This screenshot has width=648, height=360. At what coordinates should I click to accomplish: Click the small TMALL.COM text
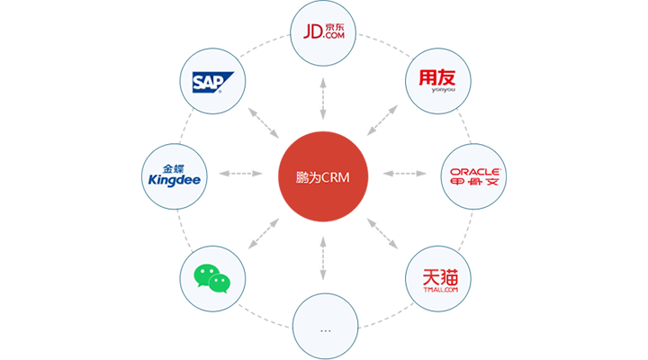[438, 290]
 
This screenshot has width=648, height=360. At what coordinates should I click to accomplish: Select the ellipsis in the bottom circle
[325, 330]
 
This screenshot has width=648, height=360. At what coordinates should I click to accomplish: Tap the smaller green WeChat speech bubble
[220, 284]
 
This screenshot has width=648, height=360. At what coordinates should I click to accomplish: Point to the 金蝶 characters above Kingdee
[174, 166]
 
